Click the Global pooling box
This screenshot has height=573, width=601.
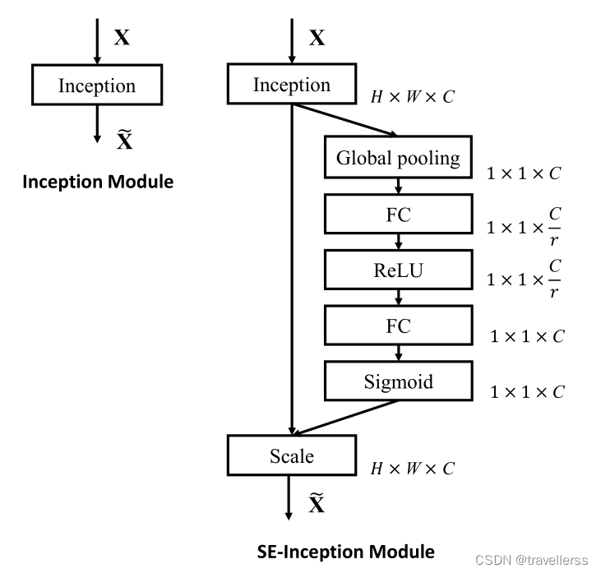399,158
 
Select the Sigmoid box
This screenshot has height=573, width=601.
399,381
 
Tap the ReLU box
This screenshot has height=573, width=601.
399,270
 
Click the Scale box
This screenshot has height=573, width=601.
292,455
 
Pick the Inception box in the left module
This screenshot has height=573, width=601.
97,86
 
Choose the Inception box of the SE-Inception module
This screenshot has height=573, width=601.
292,85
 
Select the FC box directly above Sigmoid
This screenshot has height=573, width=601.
399,326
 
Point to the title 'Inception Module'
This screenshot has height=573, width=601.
97,182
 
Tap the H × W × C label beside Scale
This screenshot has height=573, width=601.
412,469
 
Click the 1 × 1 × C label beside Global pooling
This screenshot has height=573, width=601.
525,173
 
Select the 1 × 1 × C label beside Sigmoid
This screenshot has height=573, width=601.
527,392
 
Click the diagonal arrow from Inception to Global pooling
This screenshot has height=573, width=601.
345,119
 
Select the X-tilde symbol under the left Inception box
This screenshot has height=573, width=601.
124,140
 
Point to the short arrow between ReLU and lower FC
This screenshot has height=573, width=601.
399,298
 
